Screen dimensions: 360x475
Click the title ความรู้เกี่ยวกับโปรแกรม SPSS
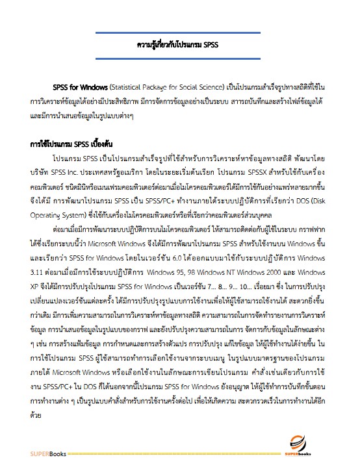(179, 46)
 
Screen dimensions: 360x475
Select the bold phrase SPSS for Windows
(80, 87)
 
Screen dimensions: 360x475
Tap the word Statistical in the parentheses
(130, 87)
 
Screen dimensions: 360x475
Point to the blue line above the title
(179, 32)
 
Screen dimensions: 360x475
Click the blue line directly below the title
(179, 60)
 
